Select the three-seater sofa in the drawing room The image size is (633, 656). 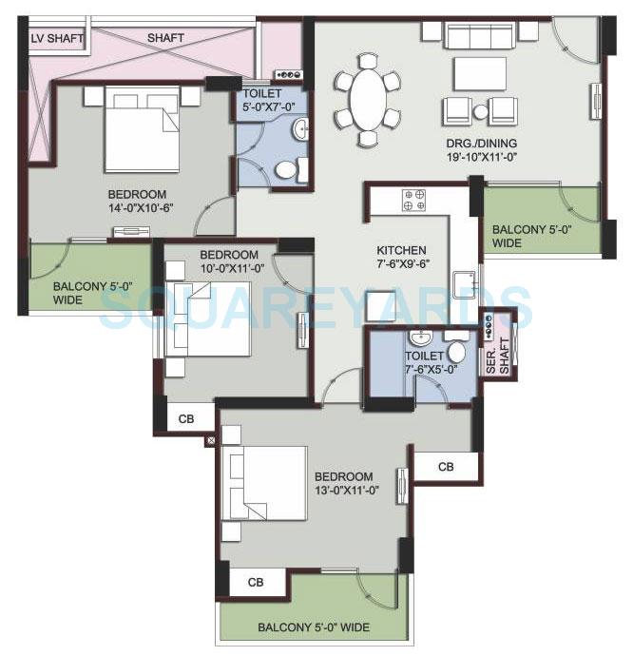pos(480,36)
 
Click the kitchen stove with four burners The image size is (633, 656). pos(413,201)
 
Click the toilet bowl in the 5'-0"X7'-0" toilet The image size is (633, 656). pos(285,170)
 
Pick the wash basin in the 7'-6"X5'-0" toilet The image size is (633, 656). pos(419,338)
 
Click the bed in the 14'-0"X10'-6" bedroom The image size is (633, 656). pos(142,126)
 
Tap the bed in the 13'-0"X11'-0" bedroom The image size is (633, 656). pos(265,483)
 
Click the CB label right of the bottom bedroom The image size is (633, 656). pos(446,467)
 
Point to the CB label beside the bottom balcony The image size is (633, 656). pos(255,582)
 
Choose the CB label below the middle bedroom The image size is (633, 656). pos(186,418)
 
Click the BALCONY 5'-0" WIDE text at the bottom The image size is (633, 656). pos(313,628)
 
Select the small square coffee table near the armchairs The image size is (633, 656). pos(480,110)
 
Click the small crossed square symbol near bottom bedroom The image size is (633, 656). pos(211,440)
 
